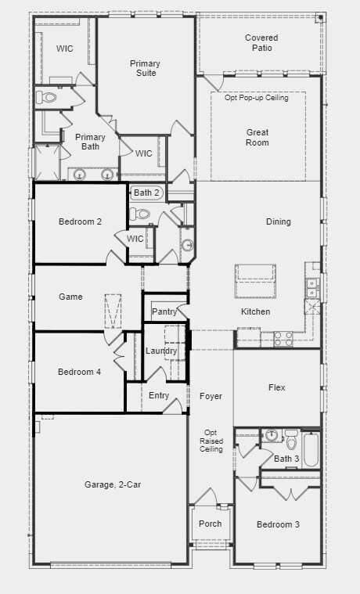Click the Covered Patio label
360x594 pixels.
pos(261,43)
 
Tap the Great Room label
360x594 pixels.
pos(257,137)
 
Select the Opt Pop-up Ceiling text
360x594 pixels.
pos(257,98)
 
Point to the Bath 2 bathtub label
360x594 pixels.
pos(146,193)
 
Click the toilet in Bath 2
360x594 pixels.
pos(140,214)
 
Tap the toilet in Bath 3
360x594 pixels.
pos(291,440)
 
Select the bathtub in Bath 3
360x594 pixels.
pos(311,449)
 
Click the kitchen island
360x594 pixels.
pos(255,282)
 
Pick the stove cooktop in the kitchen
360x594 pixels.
pos(283,339)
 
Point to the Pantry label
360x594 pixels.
pos(164,311)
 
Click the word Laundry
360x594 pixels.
pos(161,351)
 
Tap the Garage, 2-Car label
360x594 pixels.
pos(113,484)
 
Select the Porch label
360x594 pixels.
pos(211,524)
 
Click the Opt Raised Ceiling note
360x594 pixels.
pos(211,441)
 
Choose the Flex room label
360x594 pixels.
pos(276,387)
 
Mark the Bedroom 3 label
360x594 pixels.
pos(278,524)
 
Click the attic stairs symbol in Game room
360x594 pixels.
pos(113,311)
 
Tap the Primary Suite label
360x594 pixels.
pos(145,68)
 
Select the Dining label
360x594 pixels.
pos(278,221)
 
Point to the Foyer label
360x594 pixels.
pos(211,396)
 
